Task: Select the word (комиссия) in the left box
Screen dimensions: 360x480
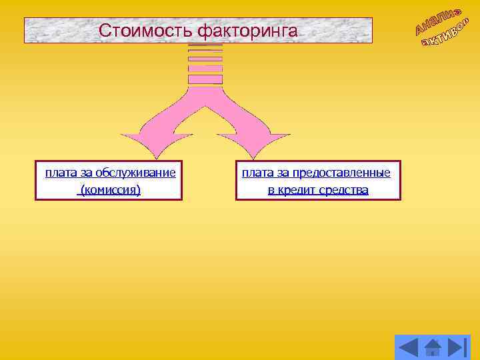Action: (110, 190)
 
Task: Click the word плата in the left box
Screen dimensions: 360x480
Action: (61, 173)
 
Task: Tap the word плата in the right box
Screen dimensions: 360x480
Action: (257, 173)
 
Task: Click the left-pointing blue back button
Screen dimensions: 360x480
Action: (408, 347)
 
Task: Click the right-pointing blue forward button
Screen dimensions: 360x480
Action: (457, 347)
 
